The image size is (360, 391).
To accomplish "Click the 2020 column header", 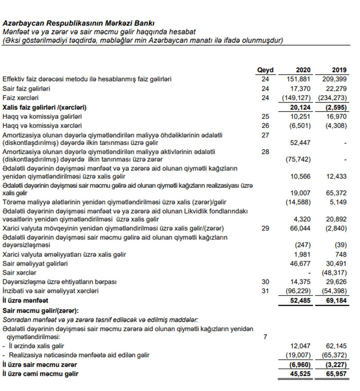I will tap(303, 70).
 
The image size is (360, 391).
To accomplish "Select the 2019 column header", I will tap(339, 70).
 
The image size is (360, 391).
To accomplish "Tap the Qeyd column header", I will tap(265, 70).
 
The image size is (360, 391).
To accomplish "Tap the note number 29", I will tap(265, 228).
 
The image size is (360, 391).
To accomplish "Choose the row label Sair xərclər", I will tap(19, 273).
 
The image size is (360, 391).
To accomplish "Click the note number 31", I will tap(265, 291).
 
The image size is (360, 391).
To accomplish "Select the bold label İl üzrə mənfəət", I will tap(25, 300).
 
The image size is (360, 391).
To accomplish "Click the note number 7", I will tap(265, 336).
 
